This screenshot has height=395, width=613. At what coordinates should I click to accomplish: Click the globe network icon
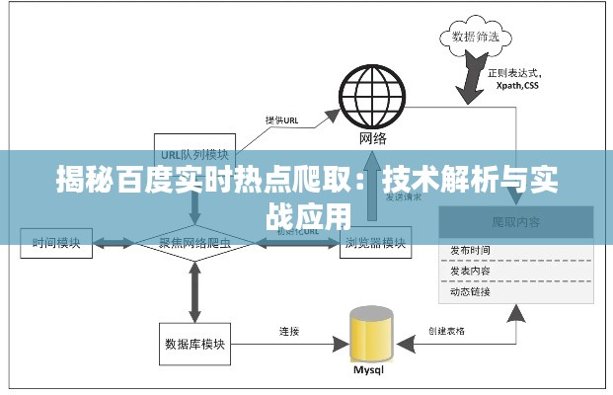coord(372,96)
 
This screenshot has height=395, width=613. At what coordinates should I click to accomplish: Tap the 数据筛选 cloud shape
coord(474,39)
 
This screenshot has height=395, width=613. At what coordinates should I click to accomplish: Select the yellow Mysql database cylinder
coord(371,335)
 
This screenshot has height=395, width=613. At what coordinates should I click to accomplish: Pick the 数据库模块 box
coord(193,344)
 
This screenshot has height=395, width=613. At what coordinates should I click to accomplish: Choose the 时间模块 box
coord(57,241)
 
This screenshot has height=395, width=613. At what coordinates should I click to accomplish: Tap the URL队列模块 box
coord(194,154)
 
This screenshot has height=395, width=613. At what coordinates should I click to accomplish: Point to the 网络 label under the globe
coord(372,137)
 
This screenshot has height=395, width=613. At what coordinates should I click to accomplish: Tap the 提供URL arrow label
coord(282,120)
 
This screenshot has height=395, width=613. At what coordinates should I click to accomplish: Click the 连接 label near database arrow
coord(288,331)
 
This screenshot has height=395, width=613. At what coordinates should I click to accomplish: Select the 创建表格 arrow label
coord(447,331)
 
